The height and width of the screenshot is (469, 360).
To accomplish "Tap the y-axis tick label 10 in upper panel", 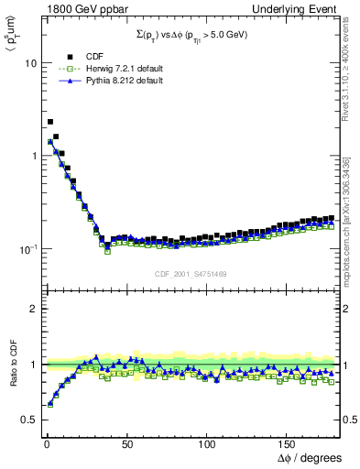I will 30,64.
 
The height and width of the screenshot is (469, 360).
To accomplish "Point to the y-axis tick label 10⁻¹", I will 27,248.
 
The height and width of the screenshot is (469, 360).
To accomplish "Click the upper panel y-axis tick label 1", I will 34,156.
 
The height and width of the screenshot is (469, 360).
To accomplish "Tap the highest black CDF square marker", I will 50,121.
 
